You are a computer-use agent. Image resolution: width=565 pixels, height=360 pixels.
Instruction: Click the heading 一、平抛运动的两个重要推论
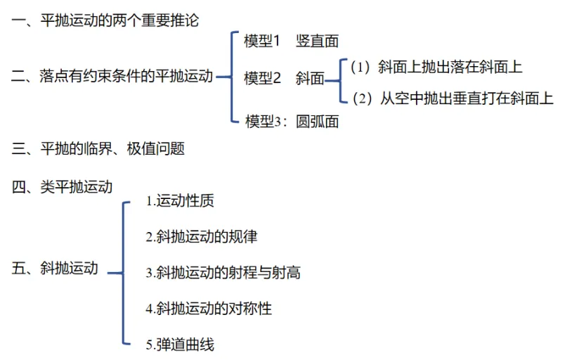click(x=105, y=20)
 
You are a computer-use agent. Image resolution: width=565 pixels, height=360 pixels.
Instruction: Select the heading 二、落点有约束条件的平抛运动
click(x=112, y=77)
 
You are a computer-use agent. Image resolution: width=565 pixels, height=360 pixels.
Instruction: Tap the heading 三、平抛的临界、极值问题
click(x=98, y=148)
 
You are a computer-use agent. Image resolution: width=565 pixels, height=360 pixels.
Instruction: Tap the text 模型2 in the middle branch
click(x=263, y=78)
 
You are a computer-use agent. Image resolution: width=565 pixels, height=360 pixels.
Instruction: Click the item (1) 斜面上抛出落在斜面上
click(x=436, y=67)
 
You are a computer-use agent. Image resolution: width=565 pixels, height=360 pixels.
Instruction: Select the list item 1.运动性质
click(x=180, y=201)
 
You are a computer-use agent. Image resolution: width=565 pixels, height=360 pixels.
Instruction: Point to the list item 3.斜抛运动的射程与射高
click(x=223, y=272)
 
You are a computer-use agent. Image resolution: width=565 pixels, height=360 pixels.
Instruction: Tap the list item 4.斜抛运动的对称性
click(x=208, y=308)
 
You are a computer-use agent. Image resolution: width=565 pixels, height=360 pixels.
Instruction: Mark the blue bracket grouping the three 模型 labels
click(x=231, y=77)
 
